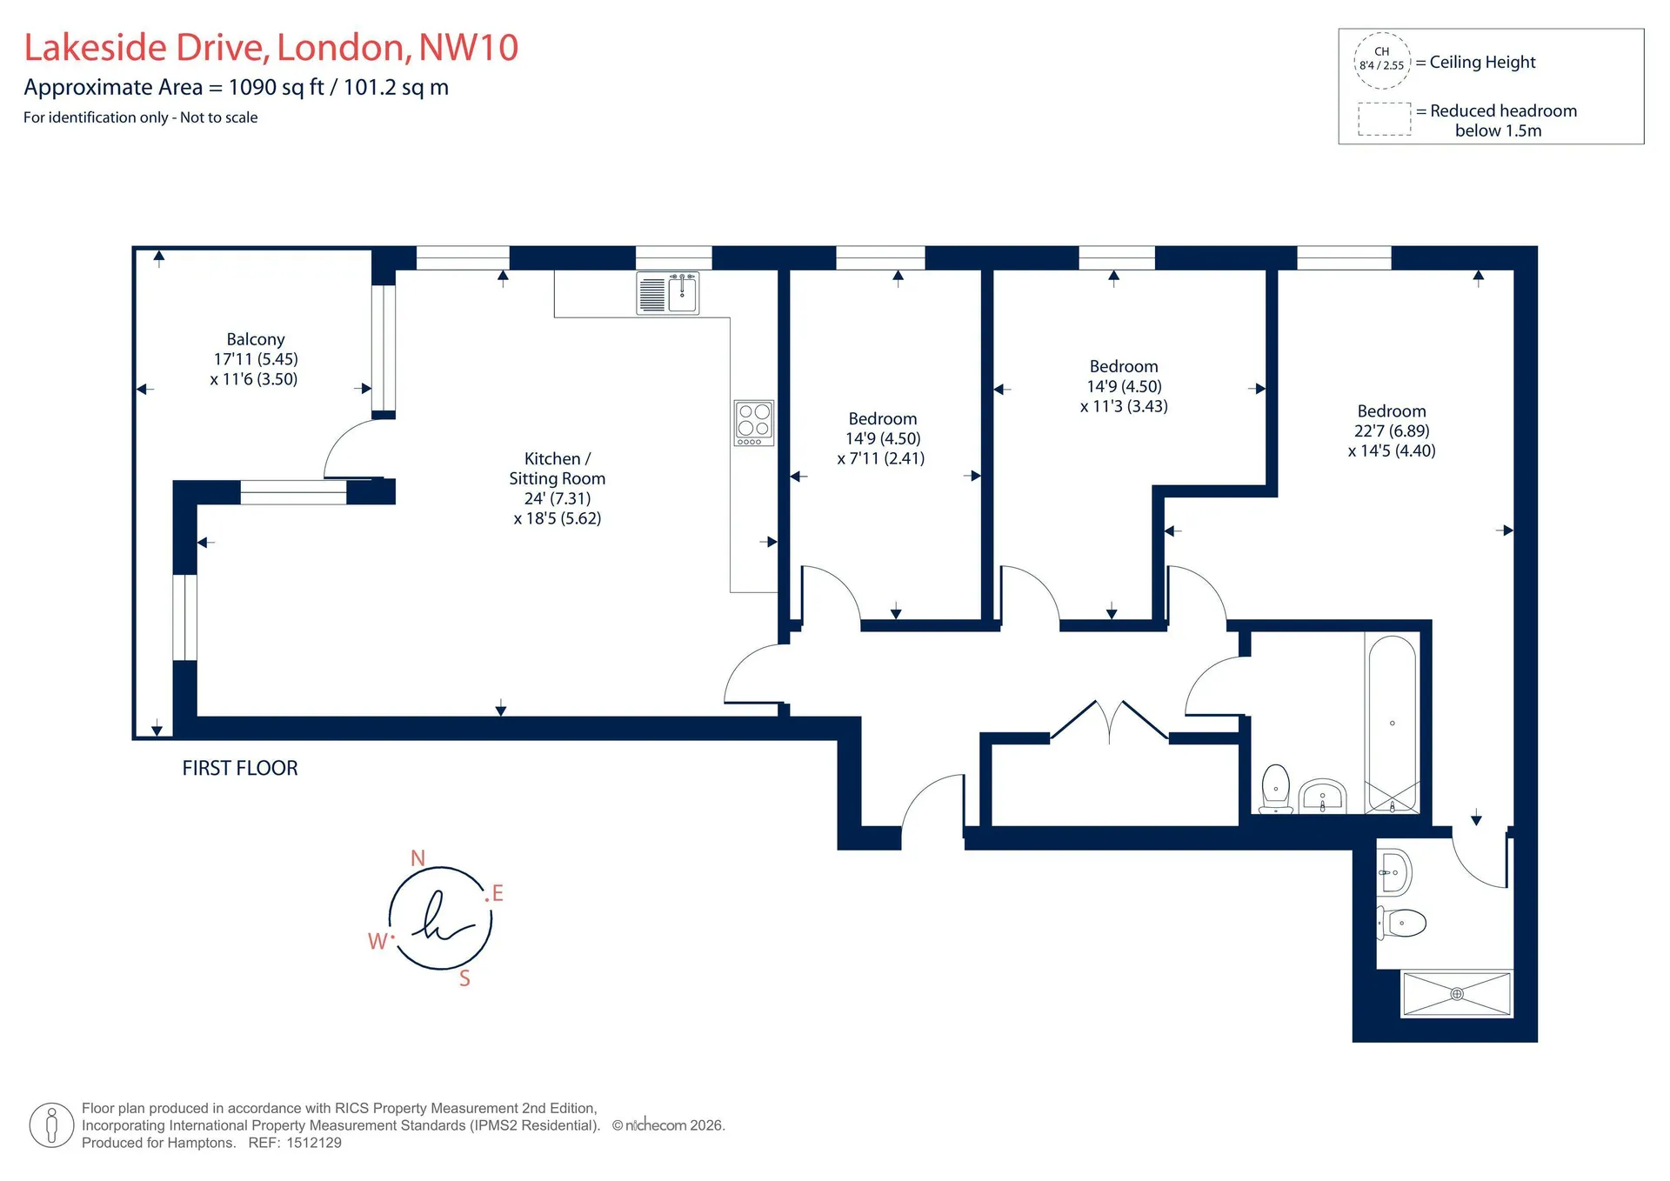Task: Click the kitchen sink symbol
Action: pos(668,292)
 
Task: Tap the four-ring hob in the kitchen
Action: pos(753,423)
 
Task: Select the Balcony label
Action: pos(256,339)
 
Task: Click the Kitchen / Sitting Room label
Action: pos(558,468)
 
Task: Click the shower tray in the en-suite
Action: pos(1457,993)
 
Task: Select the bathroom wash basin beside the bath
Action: pos(1322,796)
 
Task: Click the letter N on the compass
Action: pos(417,858)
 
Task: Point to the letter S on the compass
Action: pos(464,978)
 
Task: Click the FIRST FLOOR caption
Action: pos(240,768)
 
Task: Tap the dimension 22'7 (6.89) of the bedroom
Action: pos(1392,430)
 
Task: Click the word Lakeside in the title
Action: pos(96,47)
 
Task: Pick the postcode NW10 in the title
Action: pos(469,47)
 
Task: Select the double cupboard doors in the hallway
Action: pos(1110,720)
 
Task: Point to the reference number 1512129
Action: pos(314,1143)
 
